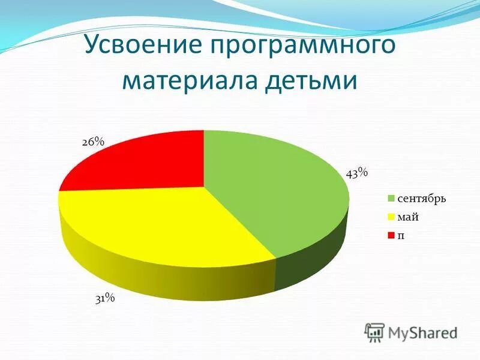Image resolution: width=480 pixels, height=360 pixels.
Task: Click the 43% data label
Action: pyautogui.click(x=356, y=173)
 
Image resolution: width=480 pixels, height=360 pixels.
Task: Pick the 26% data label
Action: pyautogui.click(x=93, y=142)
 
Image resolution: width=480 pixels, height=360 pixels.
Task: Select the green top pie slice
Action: pyautogui.click(x=276, y=186)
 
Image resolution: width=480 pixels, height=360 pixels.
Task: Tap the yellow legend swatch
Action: pyautogui.click(x=391, y=217)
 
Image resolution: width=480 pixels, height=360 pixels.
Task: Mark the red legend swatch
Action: pyautogui.click(x=391, y=235)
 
